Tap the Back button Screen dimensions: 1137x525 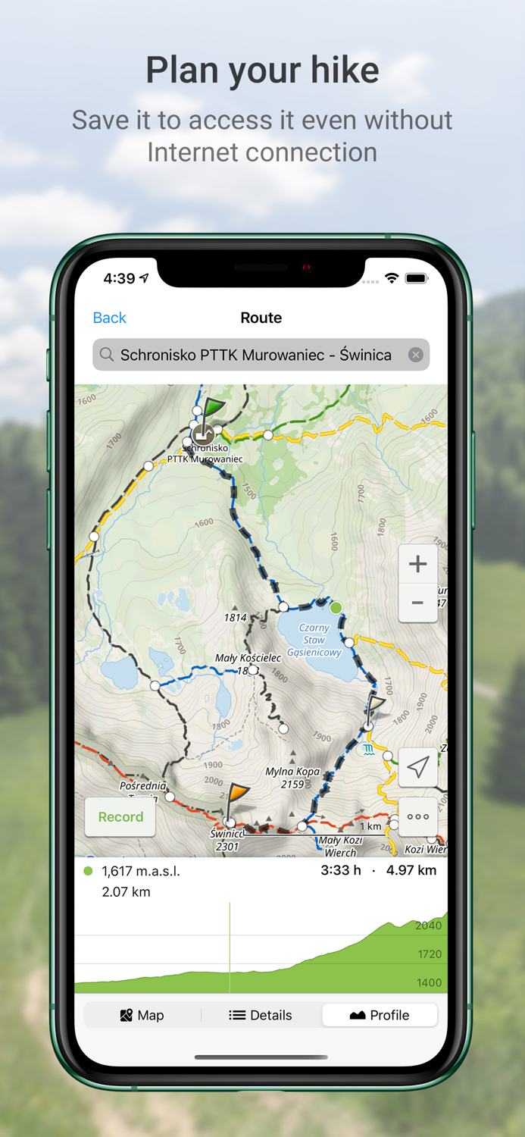coord(109,318)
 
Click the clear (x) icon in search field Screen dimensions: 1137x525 coord(415,355)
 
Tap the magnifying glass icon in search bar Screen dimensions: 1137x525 coord(107,355)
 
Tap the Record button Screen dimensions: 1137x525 coord(120,816)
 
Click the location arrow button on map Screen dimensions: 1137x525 coord(417,767)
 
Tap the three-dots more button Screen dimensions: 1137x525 coord(417,816)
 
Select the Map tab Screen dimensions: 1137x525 coord(142,1015)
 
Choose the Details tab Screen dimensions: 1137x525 coord(261,1015)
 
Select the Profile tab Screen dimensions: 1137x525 coord(380,1015)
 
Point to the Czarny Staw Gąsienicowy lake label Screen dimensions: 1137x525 coord(314,640)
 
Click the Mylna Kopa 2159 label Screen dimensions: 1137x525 coord(292,778)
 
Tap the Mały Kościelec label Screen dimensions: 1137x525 coord(248,658)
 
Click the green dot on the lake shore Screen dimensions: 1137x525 coord(336,608)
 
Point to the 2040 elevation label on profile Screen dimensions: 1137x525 coord(428,925)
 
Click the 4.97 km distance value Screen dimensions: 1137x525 coord(411,870)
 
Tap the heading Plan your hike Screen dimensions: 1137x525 coord(262,70)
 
